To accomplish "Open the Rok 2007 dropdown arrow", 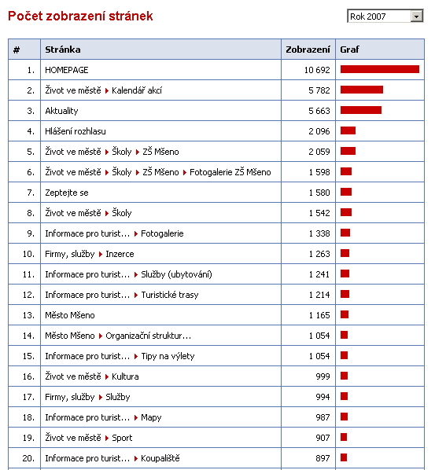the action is click(416, 17).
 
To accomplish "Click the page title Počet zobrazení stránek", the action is click(80, 17).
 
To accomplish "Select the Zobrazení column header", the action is click(308, 50).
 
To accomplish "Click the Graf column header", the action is click(349, 50).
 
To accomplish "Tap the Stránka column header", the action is click(63, 50).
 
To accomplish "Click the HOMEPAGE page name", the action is click(67, 70).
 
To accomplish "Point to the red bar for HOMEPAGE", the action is click(380, 69).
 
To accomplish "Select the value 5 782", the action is click(319, 90).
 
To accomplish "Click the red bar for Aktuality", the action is click(361, 110).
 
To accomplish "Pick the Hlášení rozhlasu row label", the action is click(76, 131).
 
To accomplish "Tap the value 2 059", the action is click(319, 152).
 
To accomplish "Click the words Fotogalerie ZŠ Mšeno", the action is click(230, 172).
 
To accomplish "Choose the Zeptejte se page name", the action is click(67, 193).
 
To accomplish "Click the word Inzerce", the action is click(120, 254).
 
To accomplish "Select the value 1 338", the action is click(319, 233).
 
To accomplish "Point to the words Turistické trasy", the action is click(170, 295).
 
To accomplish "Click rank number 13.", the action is click(28, 315).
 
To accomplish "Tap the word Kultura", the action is click(125, 376).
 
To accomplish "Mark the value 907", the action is click(323, 438).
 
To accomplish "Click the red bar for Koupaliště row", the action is click(344, 457).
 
